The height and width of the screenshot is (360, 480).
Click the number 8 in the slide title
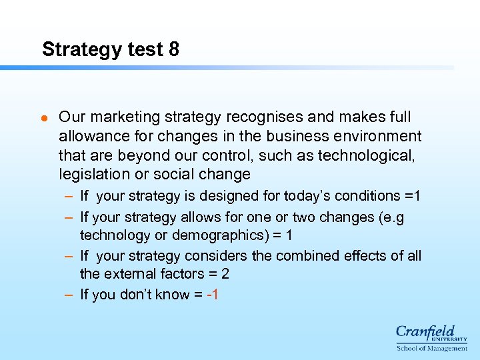(174, 49)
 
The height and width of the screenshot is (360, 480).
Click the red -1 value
(213, 295)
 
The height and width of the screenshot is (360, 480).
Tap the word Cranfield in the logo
(425, 332)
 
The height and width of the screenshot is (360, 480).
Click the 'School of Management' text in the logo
(432, 348)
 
